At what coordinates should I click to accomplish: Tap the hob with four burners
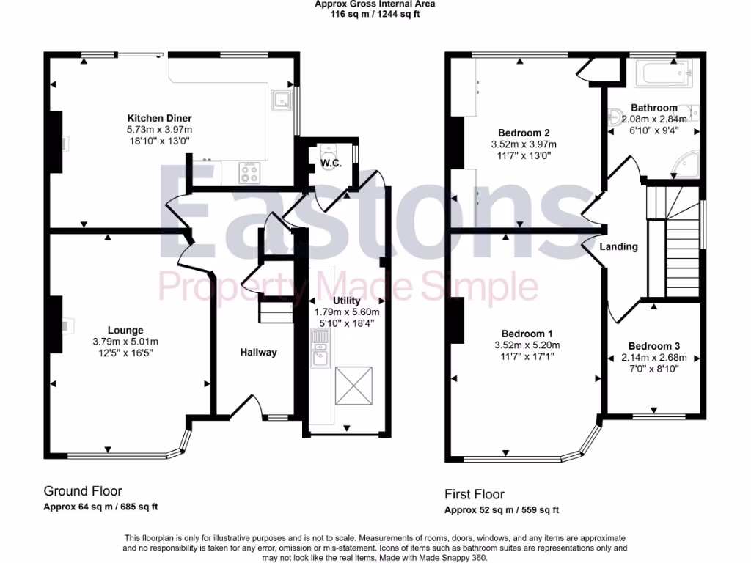click(x=249, y=172)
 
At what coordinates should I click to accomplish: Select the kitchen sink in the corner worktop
click(x=281, y=98)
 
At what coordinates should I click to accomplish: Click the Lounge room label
click(x=125, y=331)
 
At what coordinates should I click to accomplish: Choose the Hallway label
click(x=259, y=353)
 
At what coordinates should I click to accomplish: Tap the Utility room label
click(x=347, y=301)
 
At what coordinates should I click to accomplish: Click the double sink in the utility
click(x=320, y=347)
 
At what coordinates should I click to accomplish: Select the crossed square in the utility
click(x=353, y=386)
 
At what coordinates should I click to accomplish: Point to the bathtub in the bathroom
click(x=661, y=74)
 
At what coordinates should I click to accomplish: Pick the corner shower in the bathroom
click(x=688, y=166)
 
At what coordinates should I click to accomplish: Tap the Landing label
click(x=618, y=246)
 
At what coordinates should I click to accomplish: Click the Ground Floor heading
click(x=83, y=491)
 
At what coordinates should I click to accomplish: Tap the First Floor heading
click(x=474, y=494)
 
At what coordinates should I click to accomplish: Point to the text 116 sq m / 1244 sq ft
click(x=375, y=13)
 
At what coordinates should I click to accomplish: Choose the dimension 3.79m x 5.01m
click(x=125, y=342)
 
